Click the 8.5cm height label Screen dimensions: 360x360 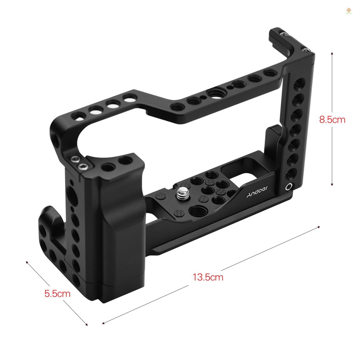click(332, 120)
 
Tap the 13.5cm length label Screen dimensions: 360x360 click(208, 277)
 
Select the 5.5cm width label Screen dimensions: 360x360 click(57, 294)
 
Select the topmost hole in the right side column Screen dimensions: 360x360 click(300, 83)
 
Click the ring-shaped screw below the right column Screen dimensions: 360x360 click(289, 187)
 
